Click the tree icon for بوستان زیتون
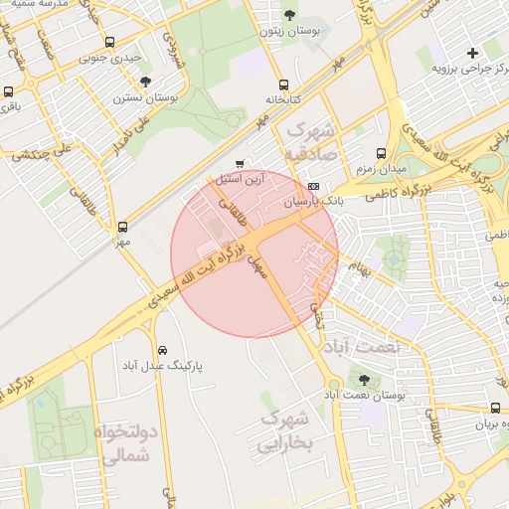[x=289, y=14]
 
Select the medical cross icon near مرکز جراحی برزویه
[x=472, y=52]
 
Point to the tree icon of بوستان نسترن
[x=146, y=83]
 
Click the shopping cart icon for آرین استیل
[x=239, y=163]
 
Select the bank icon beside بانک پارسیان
[x=314, y=186]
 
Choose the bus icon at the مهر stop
[x=122, y=227]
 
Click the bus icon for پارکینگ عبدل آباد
[x=162, y=351]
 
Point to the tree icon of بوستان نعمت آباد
[x=364, y=380]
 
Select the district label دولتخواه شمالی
[x=123, y=444]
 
